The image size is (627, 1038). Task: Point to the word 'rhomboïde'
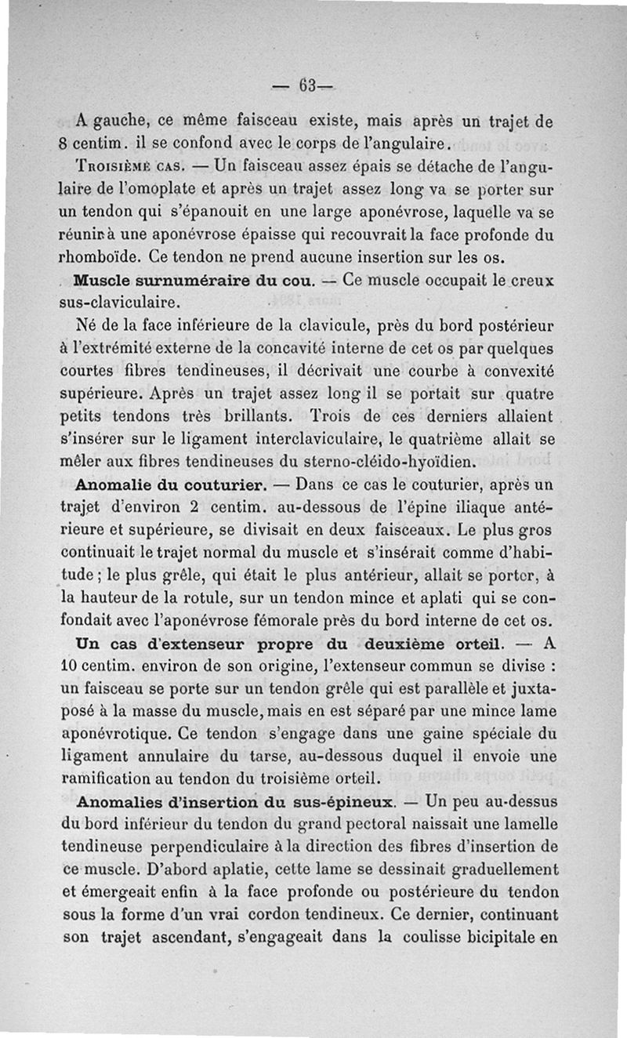pos(97,256)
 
